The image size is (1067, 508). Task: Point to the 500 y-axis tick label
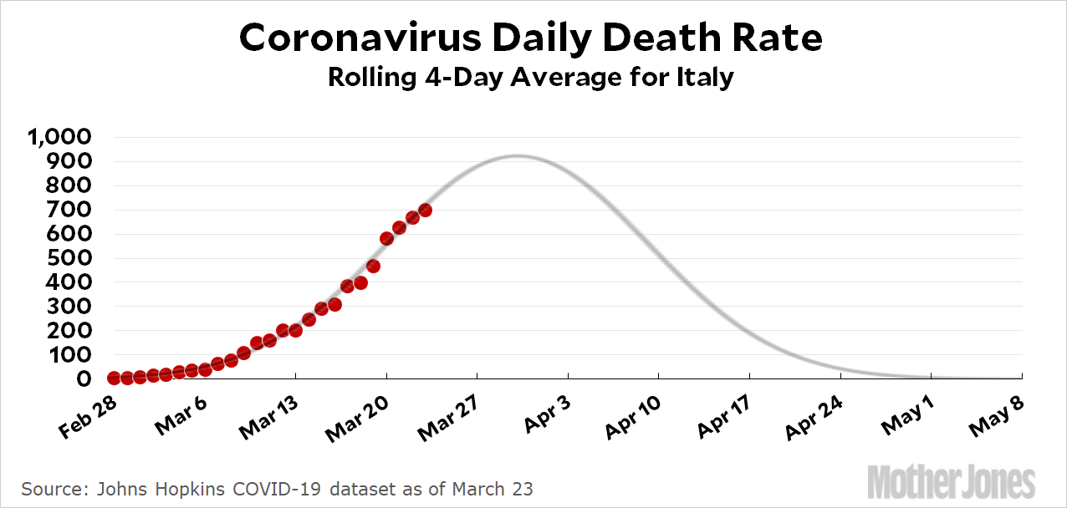[x=73, y=258]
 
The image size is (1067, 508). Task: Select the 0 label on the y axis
[x=84, y=379]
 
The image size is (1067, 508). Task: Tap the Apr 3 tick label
[x=548, y=415]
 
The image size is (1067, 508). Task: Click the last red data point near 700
[x=425, y=211]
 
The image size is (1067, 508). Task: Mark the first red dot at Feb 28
[x=114, y=378]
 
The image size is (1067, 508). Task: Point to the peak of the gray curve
[x=518, y=156]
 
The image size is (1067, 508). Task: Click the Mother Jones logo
[x=952, y=483]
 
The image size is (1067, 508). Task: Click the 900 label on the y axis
[x=73, y=161]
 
